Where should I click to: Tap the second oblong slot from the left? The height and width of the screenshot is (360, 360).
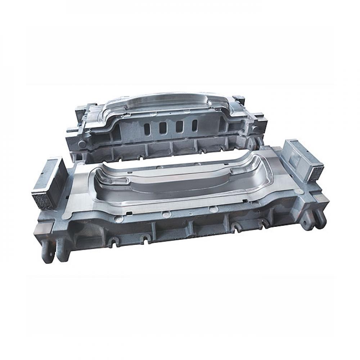point(163,127)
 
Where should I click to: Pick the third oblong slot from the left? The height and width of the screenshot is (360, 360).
point(179,126)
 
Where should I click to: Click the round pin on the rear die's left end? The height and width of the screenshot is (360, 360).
point(82,144)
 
